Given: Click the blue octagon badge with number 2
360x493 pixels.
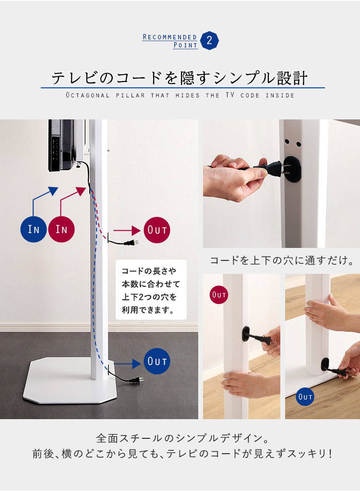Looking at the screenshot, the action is point(209,40).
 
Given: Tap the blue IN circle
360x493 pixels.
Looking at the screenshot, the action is point(34,229).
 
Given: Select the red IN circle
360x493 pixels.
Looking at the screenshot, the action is point(61,229).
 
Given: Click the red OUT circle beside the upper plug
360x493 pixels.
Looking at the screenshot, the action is point(157,230).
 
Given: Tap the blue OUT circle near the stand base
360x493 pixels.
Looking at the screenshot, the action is point(157,361).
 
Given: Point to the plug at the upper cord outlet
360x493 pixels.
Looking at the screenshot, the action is point(131,243).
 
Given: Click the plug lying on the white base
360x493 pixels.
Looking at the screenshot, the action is point(136,380).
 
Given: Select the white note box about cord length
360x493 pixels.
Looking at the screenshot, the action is point(151,290).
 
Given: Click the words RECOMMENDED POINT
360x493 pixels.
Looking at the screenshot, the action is point(170,41).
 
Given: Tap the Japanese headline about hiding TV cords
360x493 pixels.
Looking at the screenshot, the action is point(180,78).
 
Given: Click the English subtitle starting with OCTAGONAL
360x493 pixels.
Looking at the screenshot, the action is point(180,95).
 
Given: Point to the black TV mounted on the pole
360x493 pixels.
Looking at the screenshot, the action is point(63,145).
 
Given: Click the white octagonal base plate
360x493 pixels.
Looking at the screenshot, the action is point(70,380).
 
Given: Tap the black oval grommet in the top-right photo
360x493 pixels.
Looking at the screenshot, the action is point(293,169).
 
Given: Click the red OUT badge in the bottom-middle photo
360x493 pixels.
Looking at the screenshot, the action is point(219,294).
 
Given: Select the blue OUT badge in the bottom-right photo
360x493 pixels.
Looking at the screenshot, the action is point(305,397).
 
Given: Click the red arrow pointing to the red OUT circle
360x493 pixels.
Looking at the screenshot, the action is point(127,231).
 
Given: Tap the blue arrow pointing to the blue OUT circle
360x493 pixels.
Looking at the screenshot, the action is point(128,364).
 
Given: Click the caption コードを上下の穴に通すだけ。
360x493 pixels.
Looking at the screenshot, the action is point(282,260).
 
